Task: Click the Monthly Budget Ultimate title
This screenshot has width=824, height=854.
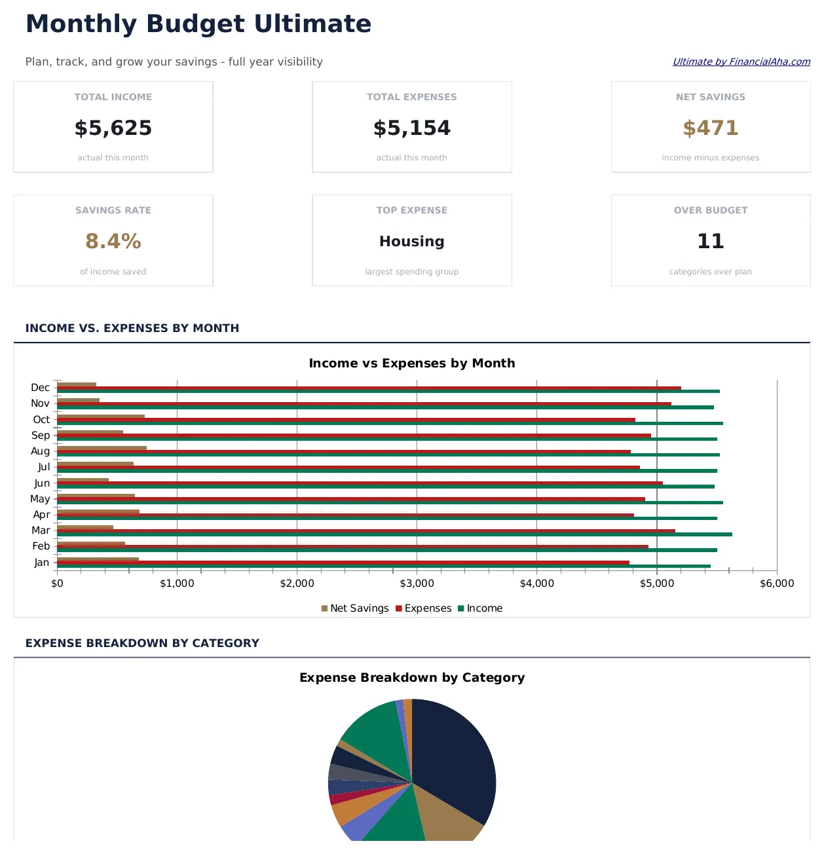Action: [x=198, y=24]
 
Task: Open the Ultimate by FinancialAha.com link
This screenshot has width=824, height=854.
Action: [x=741, y=62]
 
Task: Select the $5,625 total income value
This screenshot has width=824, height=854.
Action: [x=113, y=128]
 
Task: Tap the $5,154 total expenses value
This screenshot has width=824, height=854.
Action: [x=411, y=128]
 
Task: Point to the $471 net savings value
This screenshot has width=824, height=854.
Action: [x=710, y=128]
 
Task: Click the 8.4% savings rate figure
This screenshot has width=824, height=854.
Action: [x=113, y=242]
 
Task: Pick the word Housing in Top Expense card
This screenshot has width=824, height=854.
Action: [x=411, y=242]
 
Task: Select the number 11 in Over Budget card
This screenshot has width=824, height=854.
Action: [x=710, y=242]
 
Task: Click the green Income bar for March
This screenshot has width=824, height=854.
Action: [x=393, y=534]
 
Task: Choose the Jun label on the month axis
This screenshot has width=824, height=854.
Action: [x=42, y=483]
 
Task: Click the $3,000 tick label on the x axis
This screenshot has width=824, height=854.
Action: [x=417, y=584]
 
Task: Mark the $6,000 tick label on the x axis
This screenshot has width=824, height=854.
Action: [x=776, y=584]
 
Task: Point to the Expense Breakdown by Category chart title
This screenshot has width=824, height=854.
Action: [x=411, y=678]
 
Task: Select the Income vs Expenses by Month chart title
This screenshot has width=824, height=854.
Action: [x=411, y=363]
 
